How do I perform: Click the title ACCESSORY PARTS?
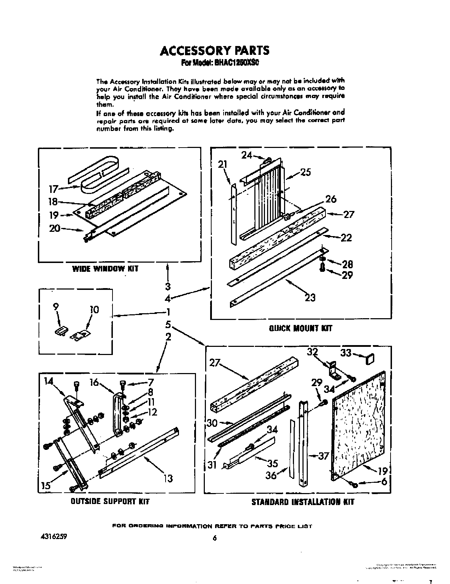point(214,51)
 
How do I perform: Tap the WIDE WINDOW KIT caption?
point(105,269)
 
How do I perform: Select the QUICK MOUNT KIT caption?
point(301,328)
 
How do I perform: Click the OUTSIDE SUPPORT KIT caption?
point(110,501)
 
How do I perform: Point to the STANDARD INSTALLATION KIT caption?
point(302,502)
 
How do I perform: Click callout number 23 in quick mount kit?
point(310,298)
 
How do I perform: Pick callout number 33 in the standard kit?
point(346,353)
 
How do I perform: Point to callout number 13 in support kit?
point(168,479)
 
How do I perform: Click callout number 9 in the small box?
point(56,308)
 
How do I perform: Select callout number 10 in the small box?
point(94,310)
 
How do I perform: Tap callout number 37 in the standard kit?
point(323,456)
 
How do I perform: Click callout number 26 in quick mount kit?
point(330,199)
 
